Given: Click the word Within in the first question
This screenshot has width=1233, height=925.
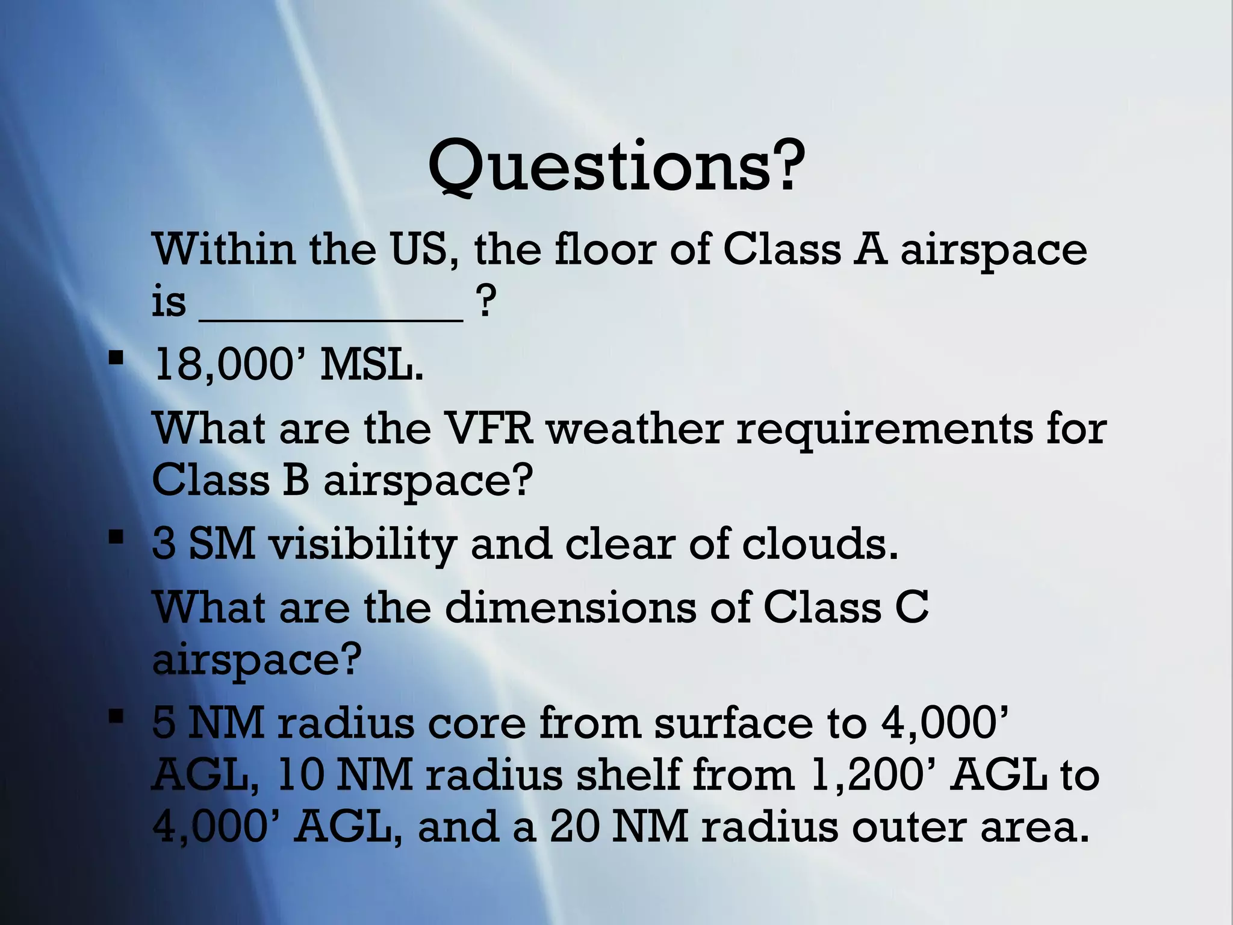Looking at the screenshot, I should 224,249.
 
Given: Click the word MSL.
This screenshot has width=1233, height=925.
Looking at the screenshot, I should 371,366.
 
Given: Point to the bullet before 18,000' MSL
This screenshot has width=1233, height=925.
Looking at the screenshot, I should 116,360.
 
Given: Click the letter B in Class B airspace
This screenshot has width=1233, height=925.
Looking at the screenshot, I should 296,481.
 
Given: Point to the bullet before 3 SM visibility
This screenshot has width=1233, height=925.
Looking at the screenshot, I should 116,537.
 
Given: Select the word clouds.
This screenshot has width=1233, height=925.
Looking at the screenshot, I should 819,544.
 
